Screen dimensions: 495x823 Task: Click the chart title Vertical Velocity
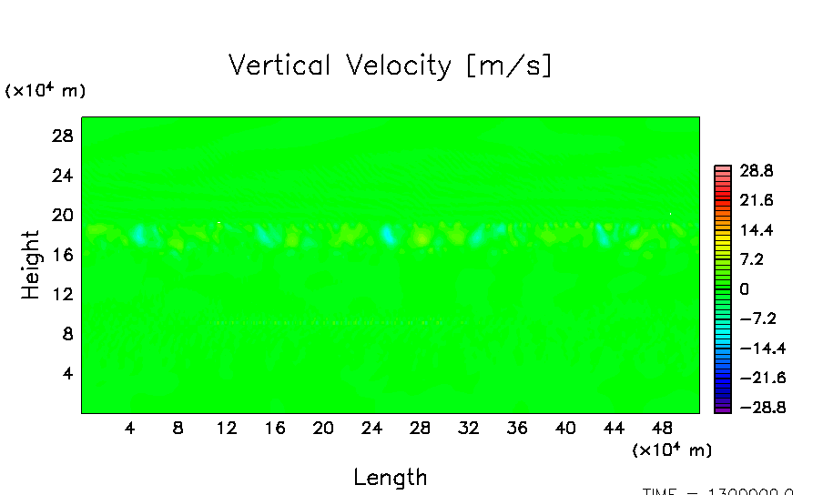(390, 66)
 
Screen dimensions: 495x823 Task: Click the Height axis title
(31, 265)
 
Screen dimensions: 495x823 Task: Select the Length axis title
(390, 477)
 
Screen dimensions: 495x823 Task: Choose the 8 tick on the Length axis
(178, 428)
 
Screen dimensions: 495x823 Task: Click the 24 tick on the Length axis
(371, 428)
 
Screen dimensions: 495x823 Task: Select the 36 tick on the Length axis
(517, 428)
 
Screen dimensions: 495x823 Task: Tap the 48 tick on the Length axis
(662, 428)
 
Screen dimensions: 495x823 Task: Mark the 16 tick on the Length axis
(275, 428)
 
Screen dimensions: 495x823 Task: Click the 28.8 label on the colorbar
(756, 171)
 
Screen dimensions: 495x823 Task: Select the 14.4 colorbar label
(756, 230)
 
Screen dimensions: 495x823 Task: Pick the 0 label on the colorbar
(744, 289)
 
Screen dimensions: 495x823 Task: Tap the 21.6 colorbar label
(756, 200)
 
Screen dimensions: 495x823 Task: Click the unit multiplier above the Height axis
(46, 90)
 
